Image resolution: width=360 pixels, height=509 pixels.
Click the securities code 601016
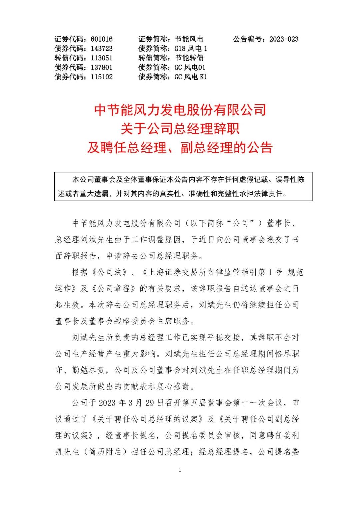[x=102, y=39]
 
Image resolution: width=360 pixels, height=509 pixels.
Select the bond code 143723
[x=102, y=49]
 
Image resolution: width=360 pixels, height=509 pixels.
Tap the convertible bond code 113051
[x=102, y=58]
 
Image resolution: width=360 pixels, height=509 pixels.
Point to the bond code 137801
[x=102, y=67]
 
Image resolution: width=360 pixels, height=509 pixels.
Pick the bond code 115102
[x=102, y=77]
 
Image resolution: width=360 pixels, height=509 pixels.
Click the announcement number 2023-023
[x=284, y=39]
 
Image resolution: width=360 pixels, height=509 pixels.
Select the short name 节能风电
[x=189, y=39]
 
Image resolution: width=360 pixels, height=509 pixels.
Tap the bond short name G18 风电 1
[x=191, y=49]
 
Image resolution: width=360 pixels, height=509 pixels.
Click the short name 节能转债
[x=189, y=58]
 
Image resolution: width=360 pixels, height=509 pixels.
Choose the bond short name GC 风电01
[x=190, y=67]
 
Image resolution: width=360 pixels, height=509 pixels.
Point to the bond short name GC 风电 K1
[x=191, y=77]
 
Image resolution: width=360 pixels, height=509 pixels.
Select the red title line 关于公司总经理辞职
[x=180, y=129]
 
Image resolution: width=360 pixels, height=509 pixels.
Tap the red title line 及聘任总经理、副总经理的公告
[x=180, y=147]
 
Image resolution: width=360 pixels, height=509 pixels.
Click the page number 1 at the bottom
[x=180, y=470]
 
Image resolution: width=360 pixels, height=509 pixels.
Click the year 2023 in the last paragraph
[x=107, y=403]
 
